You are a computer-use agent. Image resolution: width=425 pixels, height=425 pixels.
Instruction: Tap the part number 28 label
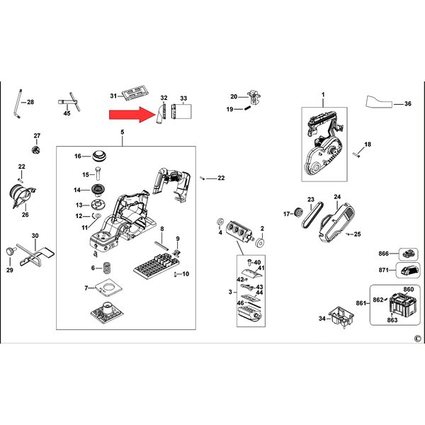tap(30, 102)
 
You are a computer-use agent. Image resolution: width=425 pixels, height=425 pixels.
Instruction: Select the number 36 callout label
tap(408, 103)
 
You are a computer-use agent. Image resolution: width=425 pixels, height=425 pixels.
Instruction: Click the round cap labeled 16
tap(99, 155)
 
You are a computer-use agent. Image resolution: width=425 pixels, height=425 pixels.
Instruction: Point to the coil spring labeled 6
tap(107, 268)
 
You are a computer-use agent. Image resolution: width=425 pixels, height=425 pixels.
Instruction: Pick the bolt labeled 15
tap(98, 174)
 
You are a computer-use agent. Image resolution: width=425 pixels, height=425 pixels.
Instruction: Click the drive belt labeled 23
tap(312, 215)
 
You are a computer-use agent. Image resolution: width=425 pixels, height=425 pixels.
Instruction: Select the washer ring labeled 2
tap(261, 242)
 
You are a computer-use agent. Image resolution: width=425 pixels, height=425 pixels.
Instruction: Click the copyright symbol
tap(417, 339)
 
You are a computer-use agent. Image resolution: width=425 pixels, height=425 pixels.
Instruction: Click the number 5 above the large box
tap(123, 132)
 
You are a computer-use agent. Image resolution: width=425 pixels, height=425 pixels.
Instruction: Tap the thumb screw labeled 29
tap(11, 251)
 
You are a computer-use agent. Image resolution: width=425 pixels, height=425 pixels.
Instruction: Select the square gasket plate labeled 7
tap(108, 287)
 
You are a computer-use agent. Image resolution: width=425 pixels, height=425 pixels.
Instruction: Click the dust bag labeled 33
tap(181, 111)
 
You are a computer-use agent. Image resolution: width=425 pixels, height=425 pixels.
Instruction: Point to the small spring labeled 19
tap(247, 108)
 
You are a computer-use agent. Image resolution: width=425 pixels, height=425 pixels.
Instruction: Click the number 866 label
tap(383, 254)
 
